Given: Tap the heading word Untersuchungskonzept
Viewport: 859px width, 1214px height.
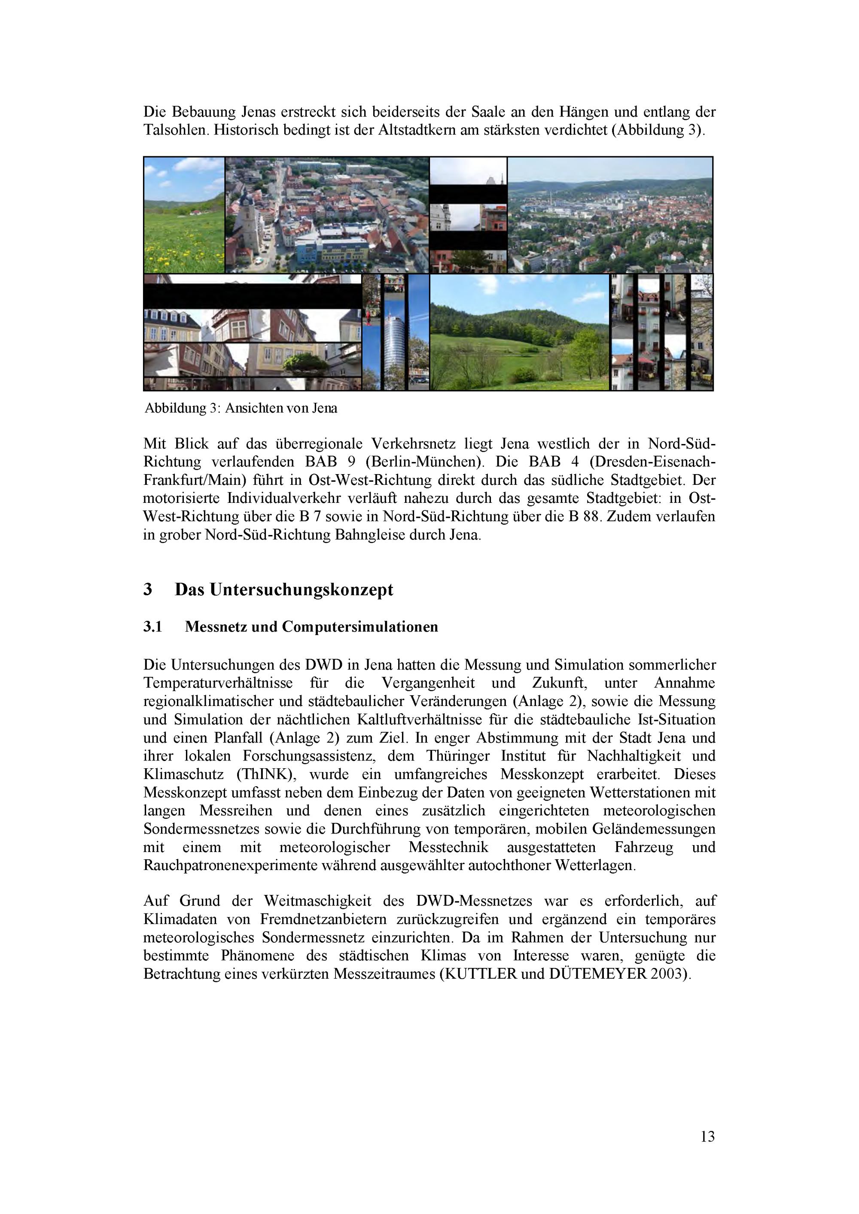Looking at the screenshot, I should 301,590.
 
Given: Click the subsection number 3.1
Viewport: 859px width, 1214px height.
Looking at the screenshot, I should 152,627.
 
